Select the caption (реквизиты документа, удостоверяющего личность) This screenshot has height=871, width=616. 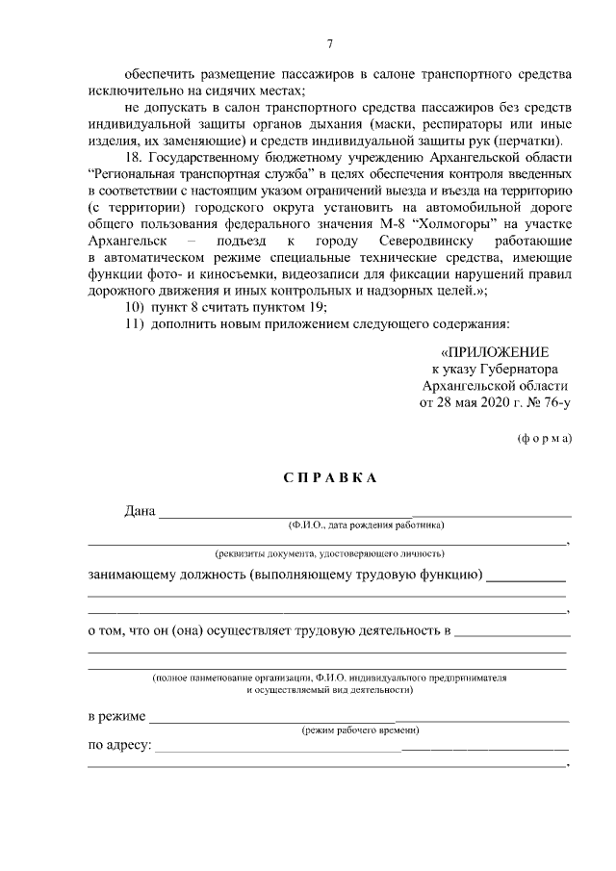click(328, 554)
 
